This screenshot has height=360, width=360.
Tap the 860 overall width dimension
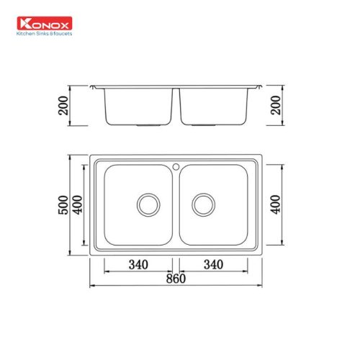click(x=174, y=279)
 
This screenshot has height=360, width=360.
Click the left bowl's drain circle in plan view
click(x=148, y=204)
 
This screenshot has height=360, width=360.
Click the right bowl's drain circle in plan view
click(x=202, y=204)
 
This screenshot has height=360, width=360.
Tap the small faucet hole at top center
click(x=175, y=167)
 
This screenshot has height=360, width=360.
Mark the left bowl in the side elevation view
click(x=137, y=105)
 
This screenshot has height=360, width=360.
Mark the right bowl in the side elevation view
click(x=213, y=105)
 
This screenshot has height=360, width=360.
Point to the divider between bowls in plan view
click(x=175, y=205)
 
